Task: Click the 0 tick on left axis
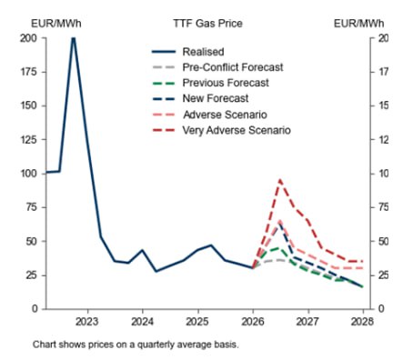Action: coord(34,309)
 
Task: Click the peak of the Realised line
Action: coord(73,38)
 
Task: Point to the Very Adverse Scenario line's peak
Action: coord(280,180)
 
